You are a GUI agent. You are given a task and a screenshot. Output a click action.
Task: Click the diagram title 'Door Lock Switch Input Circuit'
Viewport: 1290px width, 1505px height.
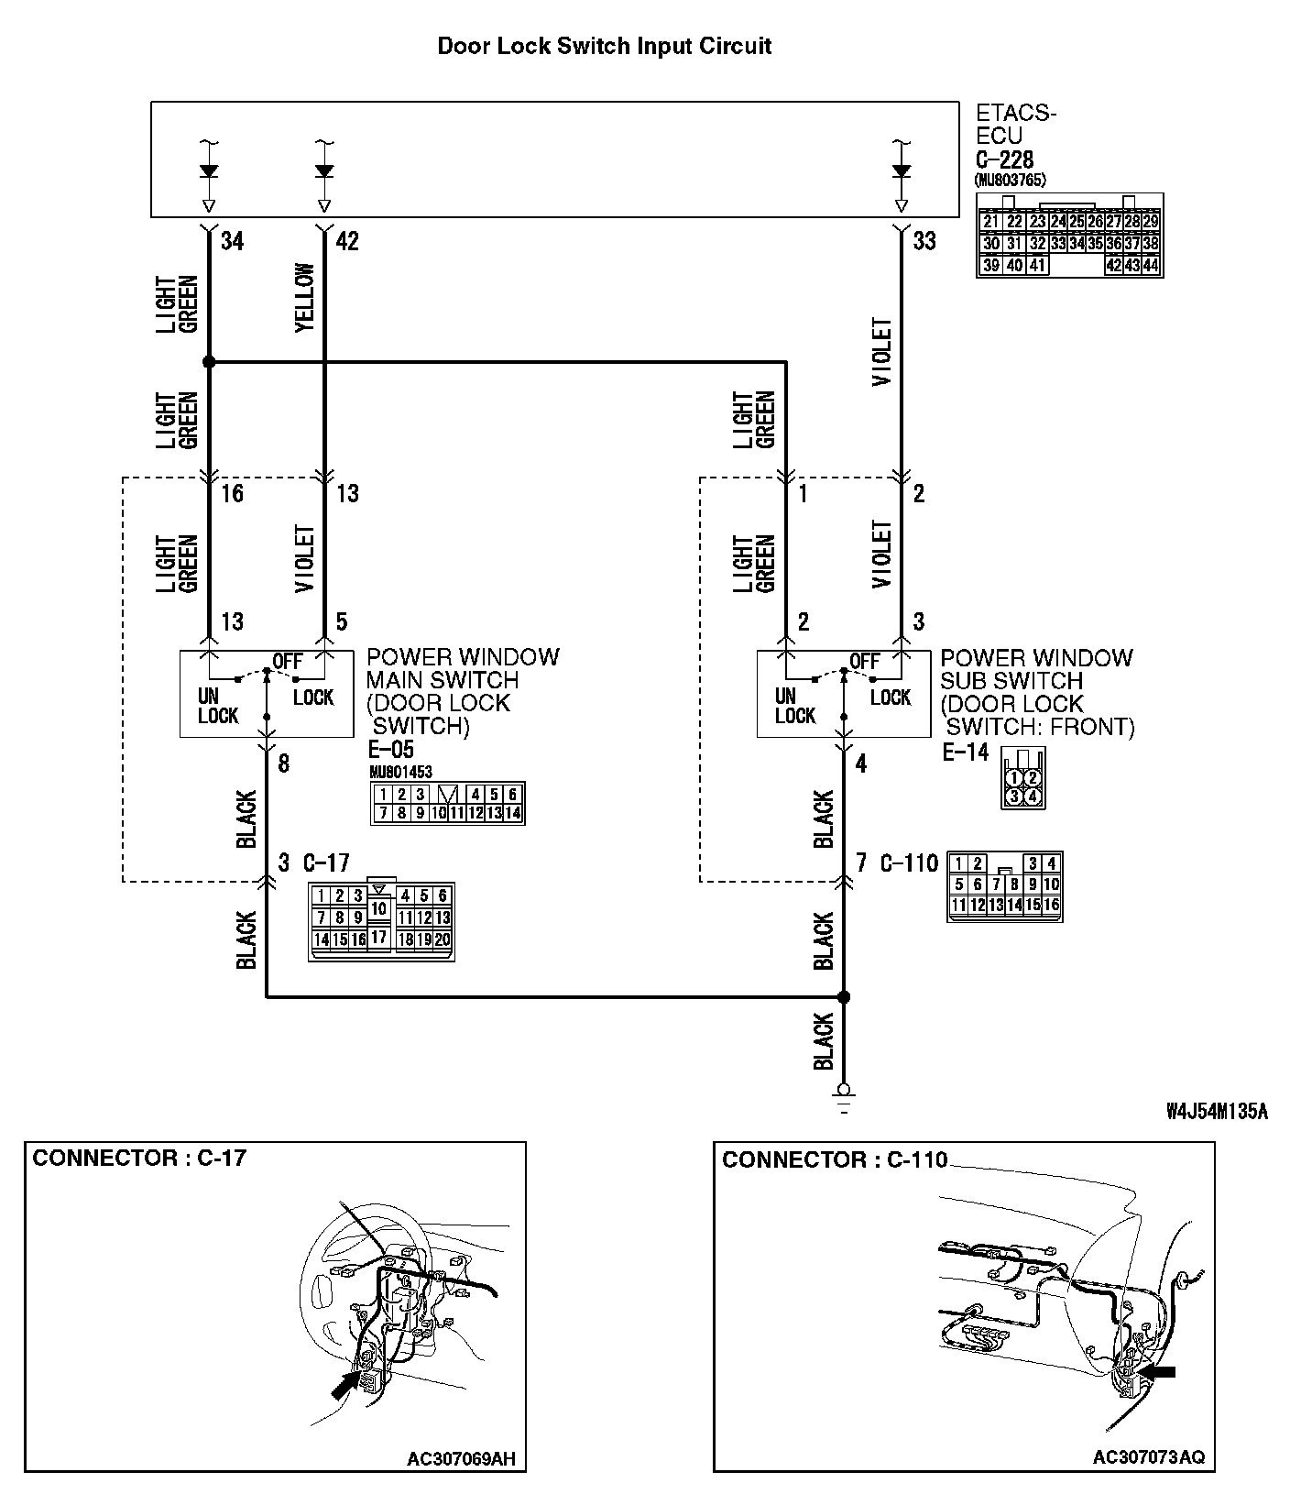click(x=604, y=46)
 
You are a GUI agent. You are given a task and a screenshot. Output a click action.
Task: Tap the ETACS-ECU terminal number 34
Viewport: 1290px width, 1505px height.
click(x=233, y=241)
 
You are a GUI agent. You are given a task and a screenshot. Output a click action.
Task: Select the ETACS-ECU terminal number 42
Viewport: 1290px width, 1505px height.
click(x=347, y=241)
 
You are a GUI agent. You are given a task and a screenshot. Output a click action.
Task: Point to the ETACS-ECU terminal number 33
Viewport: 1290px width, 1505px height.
click(x=924, y=241)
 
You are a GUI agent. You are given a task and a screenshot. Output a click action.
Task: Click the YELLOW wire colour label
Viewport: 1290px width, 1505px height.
click(x=306, y=298)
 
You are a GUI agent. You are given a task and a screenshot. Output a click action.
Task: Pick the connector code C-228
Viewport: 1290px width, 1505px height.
click(x=1004, y=159)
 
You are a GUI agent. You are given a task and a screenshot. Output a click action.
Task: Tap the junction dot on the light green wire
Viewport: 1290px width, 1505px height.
click(x=209, y=362)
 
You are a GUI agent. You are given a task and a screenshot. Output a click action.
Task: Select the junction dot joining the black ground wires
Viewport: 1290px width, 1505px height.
click(x=845, y=996)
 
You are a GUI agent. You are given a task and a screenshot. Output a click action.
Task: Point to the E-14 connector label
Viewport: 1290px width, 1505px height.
click(x=966, y=752)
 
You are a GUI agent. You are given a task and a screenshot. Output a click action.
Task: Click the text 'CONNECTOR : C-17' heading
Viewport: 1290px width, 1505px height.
click(x=139, y=1158)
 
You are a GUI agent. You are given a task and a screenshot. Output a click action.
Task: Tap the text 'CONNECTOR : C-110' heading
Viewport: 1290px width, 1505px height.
click(x=835, y=1160)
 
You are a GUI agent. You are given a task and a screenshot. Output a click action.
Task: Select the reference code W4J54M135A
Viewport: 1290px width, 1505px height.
click(x=1217, y=1112)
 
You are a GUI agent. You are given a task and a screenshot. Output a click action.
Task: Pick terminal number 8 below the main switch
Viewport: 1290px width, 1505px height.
click(x=283, y=763)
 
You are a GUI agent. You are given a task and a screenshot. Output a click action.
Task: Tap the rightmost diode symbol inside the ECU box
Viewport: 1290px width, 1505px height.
click(x=902, y=171)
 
